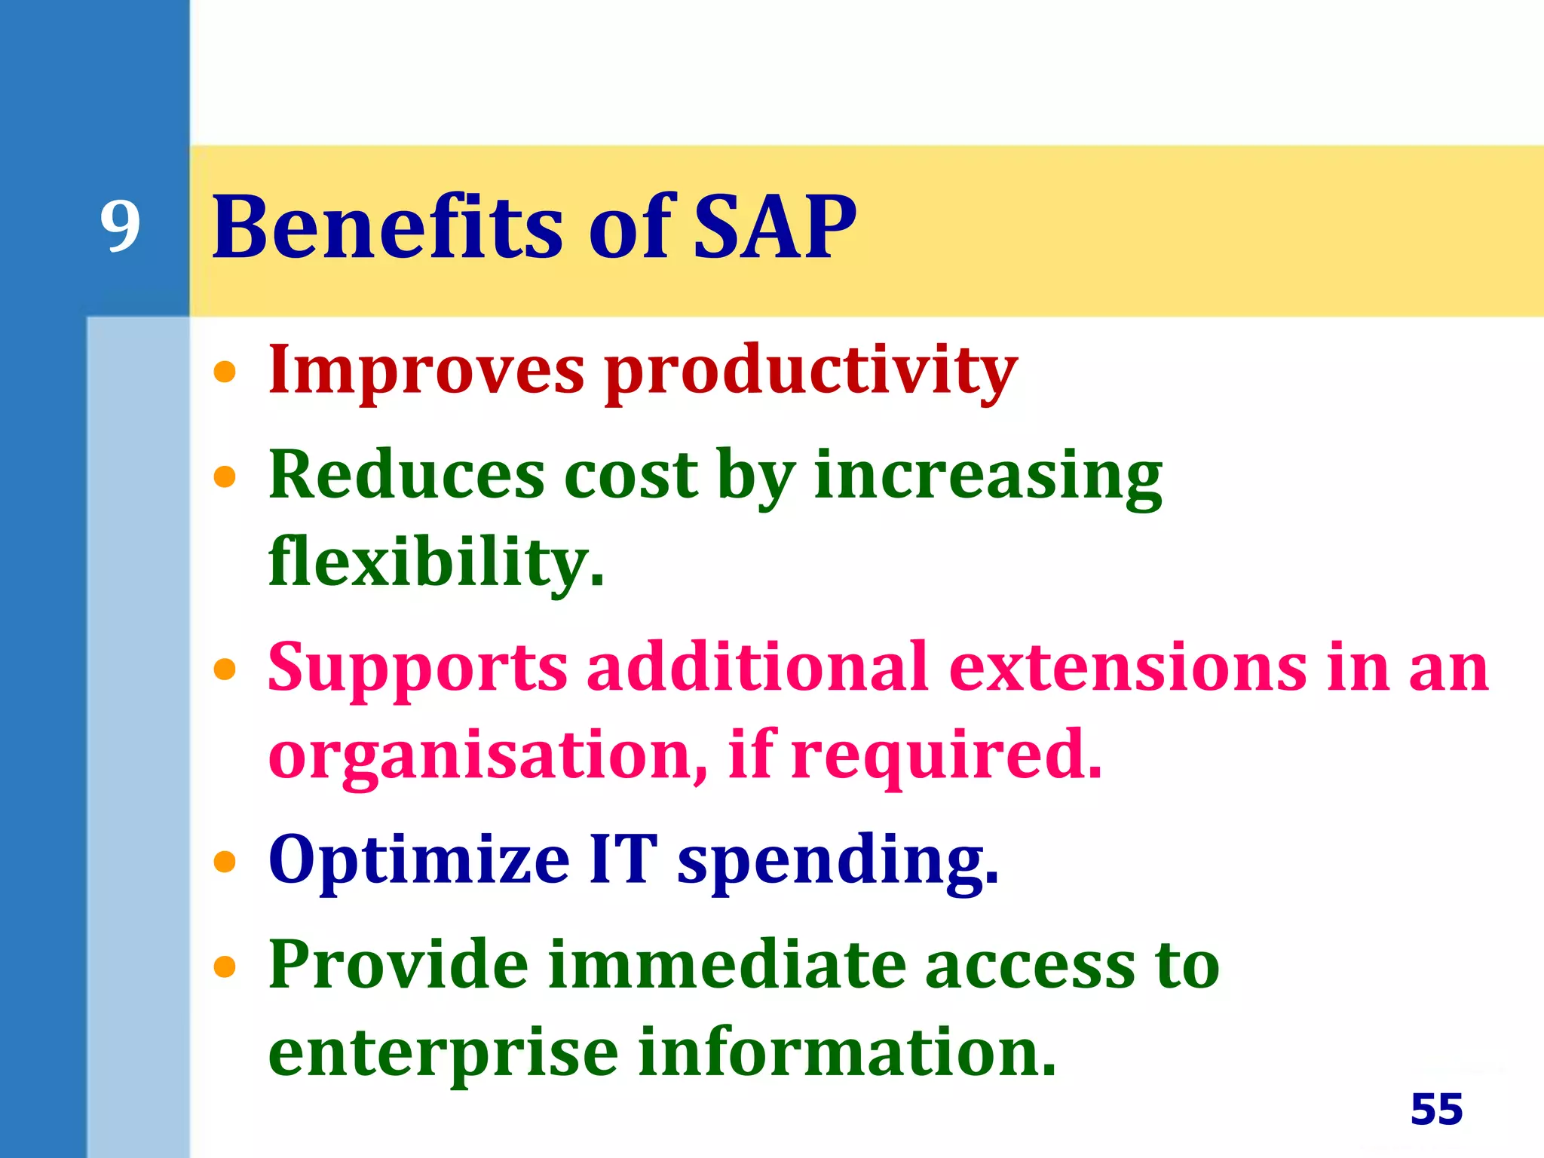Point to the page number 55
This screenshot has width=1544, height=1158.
pyautogui.click(x=1436, y=1109)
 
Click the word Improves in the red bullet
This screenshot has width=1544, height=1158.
pyautogui.click(x=426, y=370)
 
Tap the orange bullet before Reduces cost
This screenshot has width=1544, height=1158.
pyautogui.click(x=225, y=476)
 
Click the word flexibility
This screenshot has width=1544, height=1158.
pyautogui.click(x=436, y=562)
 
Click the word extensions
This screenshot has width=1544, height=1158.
pyautogui.click(x=1128, y=666)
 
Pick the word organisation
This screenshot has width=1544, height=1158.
pyautogui.click(x=487, y=755)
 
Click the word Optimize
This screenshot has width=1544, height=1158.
pyautogui.click(x=418, y=860)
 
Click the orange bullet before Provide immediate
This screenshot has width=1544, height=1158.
pyautogui.click(x=225, y=966)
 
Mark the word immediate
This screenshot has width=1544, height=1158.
pyautogui.click(x=727, y=965)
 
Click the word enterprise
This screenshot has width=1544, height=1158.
pyautogui.click(x=443, y=1054)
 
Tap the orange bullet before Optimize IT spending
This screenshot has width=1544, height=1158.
pyautogui.click(x=225, y=861)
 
